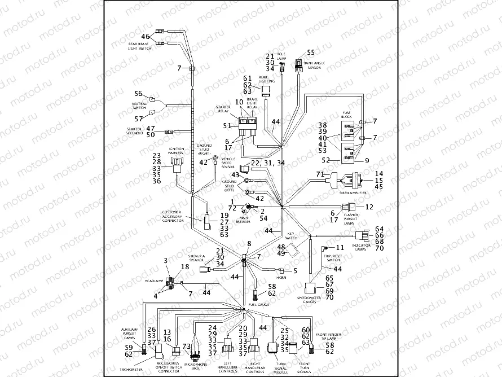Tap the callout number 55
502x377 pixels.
[x=311, y=52]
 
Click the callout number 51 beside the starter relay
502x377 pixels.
[x=227, y=126]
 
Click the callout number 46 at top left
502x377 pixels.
[x=145, y=37]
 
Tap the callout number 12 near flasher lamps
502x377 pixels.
[x=369, y=207]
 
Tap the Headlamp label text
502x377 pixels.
[x=153, y=280]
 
